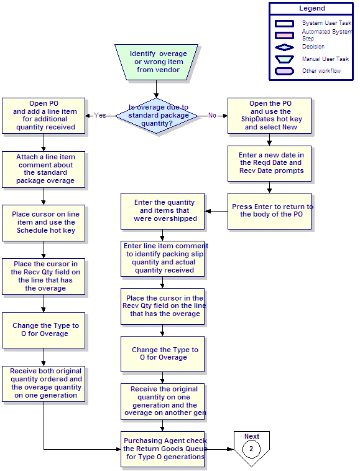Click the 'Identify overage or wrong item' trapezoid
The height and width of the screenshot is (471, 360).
point(157,62)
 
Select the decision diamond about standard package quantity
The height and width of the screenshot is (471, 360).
point(157,116)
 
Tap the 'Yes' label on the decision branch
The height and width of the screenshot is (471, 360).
point(99,115)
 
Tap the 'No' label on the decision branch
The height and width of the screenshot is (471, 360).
point(212,115)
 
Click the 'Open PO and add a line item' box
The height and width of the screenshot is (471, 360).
point(44,116)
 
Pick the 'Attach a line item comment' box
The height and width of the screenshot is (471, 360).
point(44,169)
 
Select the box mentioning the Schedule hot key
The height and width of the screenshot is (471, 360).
point(44,223)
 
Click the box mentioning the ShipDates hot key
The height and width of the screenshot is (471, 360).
point(269,116)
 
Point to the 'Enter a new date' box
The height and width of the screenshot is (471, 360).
point(269,164)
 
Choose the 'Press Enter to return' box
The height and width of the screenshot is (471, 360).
point(269,211)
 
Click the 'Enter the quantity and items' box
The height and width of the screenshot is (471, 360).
point(162,211)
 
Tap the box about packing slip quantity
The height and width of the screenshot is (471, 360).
point(162,259)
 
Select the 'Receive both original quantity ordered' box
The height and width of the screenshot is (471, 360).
point(44,384)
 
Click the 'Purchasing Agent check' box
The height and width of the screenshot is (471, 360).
point(162,449)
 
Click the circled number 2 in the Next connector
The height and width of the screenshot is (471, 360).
point(251,449)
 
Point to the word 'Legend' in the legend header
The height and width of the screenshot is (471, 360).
point(312,9)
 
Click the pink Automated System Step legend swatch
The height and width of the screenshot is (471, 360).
point(284,35)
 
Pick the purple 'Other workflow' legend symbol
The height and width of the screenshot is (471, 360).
point(284,71)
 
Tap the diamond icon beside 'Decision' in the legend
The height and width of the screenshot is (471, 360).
point(284,47)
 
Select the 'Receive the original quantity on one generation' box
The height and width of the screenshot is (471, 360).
point(162,401)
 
